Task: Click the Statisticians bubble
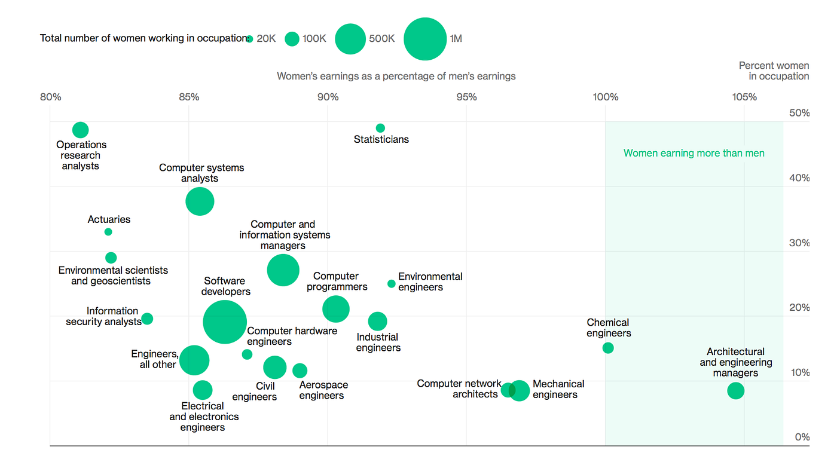(x=380, y=128)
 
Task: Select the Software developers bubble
(x=225, y=322)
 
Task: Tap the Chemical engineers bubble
(x=608, y=348)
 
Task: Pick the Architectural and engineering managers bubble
(x=736, y=391)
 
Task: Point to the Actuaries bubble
(x=108, y=232)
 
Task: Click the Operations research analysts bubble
(x=81, y=130)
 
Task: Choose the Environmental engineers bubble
(x=392, y=284)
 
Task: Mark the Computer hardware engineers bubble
(x=247, y=354)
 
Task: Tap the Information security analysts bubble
(x=147, y=319)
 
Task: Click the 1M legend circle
(x=425, y=39)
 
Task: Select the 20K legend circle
(x=250, y=39)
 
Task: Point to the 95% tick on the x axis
(x=466, y=97)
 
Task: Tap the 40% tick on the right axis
(x=799, y=178)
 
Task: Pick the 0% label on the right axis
(x=802, y=437)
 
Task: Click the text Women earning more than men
(x=694, y=153)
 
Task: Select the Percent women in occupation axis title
(x=774, y=71)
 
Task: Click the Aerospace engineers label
(x=323, y=390)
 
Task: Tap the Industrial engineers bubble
(x=377, y=321)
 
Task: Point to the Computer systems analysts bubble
(x=200, y=201)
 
